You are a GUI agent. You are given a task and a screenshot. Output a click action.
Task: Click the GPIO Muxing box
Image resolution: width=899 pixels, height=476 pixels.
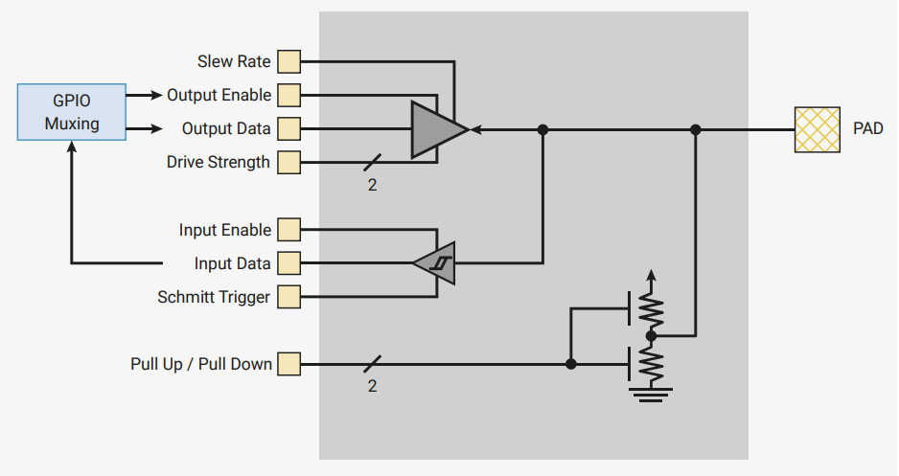pyautogui.click(x=72, y=112)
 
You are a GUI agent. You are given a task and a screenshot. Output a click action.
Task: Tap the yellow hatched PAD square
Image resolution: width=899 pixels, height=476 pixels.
pyautogui.click(x=817, y=129)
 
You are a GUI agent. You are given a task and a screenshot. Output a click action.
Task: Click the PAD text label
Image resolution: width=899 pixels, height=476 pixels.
pyautogui.click(x=867, y=129)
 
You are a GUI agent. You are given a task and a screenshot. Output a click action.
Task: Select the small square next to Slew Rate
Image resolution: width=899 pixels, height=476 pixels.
pyautogui.click(x=288, y=62)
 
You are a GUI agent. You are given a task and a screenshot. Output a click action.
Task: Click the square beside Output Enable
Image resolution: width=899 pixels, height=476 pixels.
pyautogui.click(x=288, y=96)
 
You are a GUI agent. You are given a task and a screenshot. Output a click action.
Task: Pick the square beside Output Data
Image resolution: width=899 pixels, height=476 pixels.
pyautogui.click(x=288, y=129)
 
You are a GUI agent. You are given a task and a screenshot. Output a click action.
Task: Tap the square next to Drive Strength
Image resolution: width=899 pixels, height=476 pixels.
pyautogui.click(x=288, y=163)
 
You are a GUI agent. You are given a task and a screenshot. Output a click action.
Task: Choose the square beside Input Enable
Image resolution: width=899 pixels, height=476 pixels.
pyautogui.click(x=288, y=230)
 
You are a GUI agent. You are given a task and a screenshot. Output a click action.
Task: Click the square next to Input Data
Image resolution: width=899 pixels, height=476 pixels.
pyautogui.click(x=288, y=263)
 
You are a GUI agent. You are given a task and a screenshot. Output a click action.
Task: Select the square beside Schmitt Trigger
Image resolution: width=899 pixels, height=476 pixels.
pyautogui.click(x=288, y=297)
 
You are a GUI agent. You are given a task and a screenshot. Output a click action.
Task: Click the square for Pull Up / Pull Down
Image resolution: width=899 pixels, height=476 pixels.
pyautogui.click(x=288, y=364)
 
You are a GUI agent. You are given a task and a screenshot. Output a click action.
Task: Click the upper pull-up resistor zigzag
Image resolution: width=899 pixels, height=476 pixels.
pyautogui.click(x=652, y=308)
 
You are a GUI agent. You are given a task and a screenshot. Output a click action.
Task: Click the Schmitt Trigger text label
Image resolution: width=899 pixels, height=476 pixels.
pyautogui.click(x=214, y=297)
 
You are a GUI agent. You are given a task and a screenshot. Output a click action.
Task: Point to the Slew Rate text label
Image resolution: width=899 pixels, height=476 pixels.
pyautogui.click(x=234, y=62)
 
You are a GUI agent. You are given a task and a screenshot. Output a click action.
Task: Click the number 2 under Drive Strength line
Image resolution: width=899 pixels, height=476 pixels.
pyautogui.click(x=372, y=185)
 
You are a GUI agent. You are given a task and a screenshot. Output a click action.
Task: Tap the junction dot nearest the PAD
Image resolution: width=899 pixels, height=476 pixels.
pyautogui.click(x=696, y=129)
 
